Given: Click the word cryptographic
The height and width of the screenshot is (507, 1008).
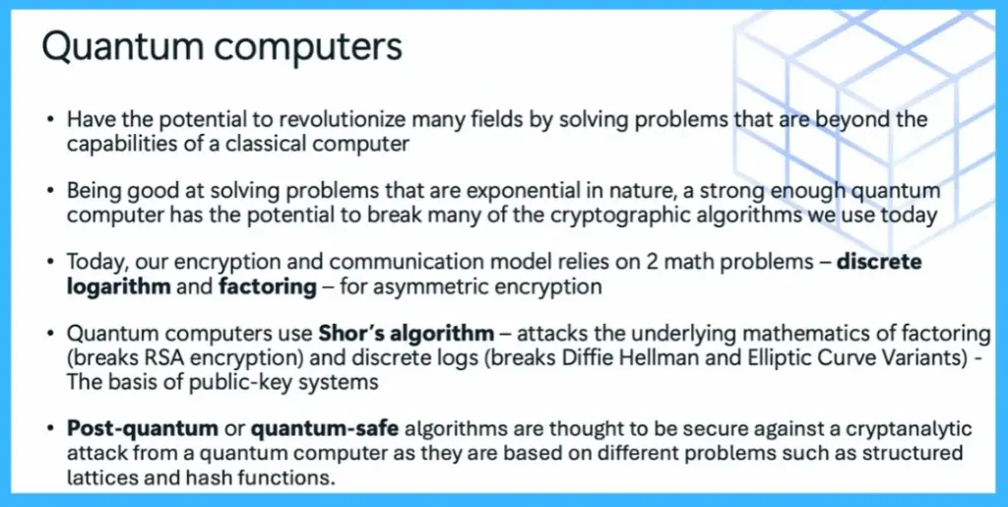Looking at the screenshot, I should tap(574, 215).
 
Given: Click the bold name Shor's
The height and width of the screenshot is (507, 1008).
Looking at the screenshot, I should tap(351, 336).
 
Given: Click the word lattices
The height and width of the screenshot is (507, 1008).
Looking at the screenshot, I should tap(98, 477).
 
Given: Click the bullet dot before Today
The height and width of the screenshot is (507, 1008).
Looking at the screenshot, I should tap(49, 264).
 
